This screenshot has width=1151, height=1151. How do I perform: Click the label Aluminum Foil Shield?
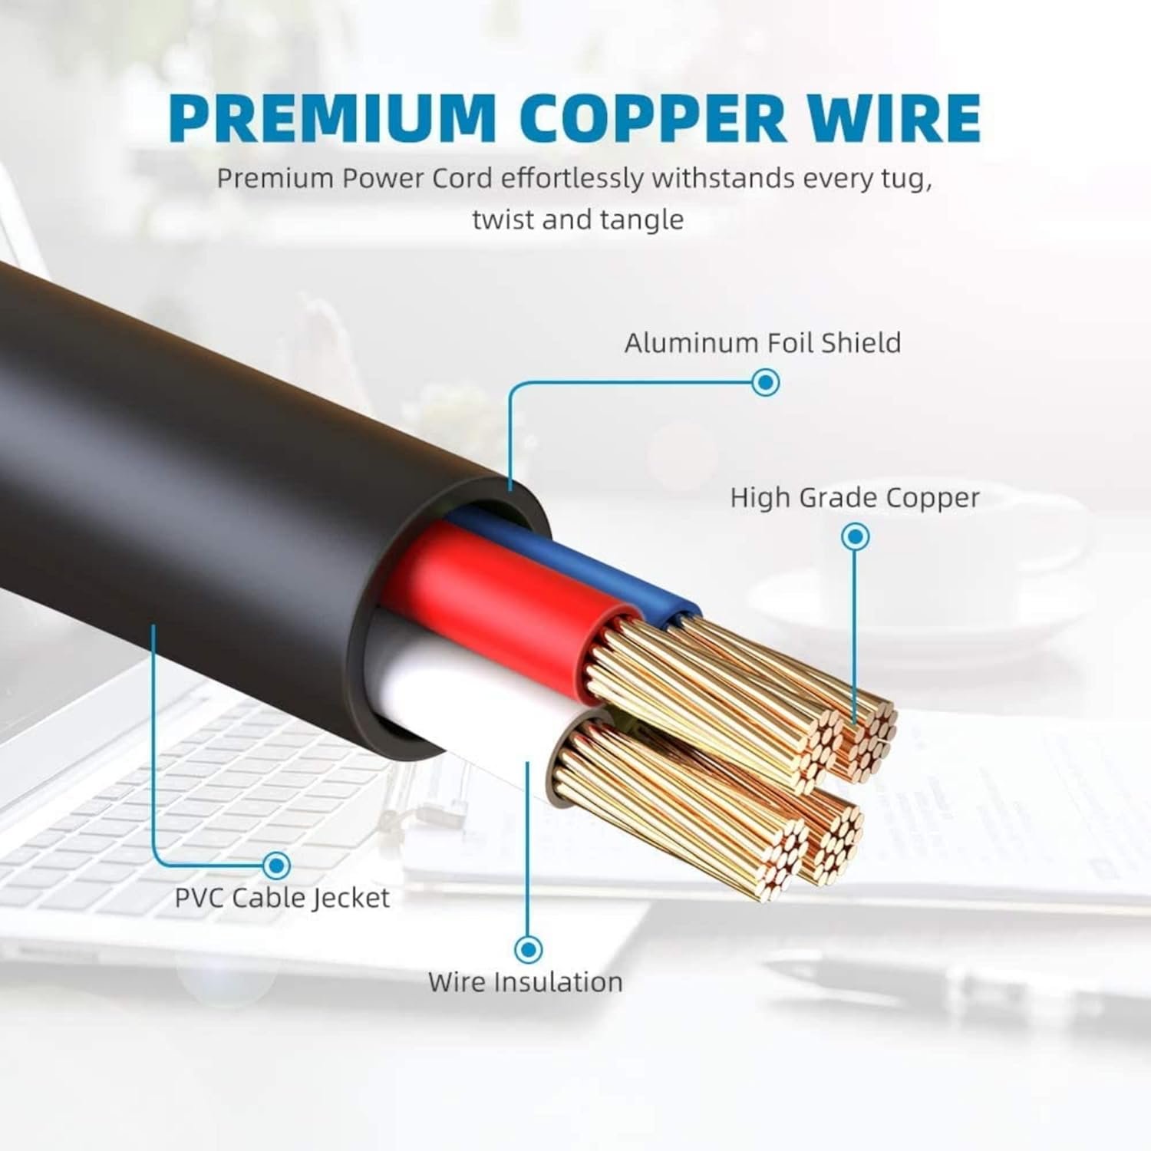pyautogui.click(x=763, y=343)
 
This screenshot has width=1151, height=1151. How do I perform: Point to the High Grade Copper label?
pyautogui.click(x=855, y=498)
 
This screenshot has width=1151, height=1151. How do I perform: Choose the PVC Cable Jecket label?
pyautogui.click(x=282, y=898)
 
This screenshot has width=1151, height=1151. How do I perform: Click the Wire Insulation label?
pyautogui.click(x=526, y=982)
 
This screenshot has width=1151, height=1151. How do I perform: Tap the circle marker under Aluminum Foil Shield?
pyautogui.click(x=765, y=381)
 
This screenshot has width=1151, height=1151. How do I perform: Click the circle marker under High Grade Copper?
pyautogui.click(x=855, y=536)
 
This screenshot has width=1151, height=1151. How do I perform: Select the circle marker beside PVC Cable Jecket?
pyautogui.click(x=276, y=866)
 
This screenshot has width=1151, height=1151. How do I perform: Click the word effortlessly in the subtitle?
pyautogui.click(x=572, y=179)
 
